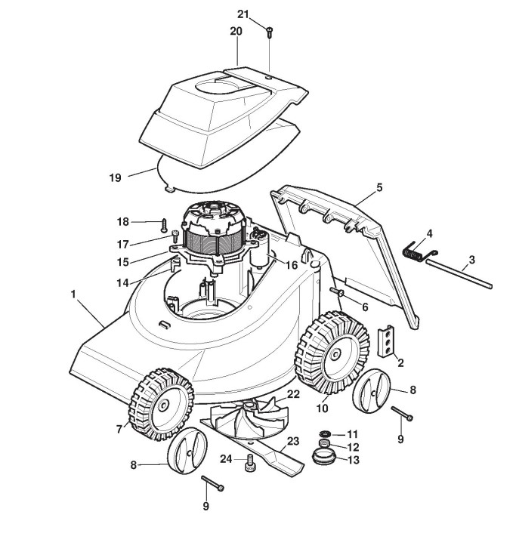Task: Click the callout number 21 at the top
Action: point(243,14)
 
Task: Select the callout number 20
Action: point(236,32)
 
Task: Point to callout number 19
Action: point(115,177)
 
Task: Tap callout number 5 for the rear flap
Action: point(379,187)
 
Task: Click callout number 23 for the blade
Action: point(293,440)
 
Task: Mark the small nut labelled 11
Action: point(326,433)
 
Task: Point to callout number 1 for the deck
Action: point(74,294)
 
